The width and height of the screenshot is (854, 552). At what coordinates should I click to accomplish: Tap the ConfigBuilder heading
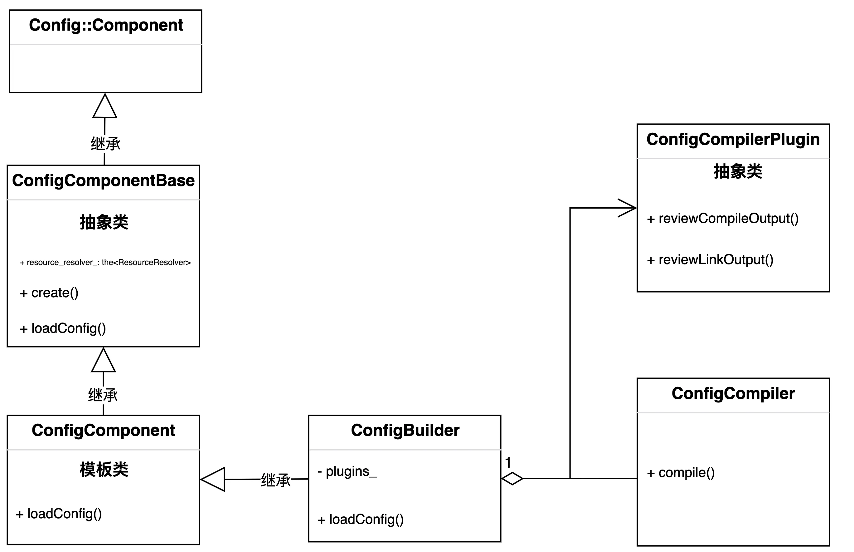[405, 431]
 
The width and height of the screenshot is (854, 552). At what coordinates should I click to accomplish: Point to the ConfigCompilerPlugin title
[733, 140]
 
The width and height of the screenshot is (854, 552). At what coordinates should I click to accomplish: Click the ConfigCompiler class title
[733, 394]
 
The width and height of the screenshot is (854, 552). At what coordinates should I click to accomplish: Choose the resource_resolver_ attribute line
[105, 262]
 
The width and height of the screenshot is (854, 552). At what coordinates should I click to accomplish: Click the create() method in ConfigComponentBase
[49, 293]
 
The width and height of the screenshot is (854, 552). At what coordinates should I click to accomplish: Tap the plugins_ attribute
[347, 472]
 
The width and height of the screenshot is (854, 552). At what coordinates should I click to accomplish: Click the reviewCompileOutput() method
[723, 219]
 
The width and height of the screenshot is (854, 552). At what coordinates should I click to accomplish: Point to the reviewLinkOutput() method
[710, 260]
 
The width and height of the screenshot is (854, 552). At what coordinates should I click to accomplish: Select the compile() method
[681, 473]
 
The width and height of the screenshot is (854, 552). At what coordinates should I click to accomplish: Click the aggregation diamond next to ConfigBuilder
[512, 479]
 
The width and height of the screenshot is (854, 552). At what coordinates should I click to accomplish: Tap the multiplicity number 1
[508, 463]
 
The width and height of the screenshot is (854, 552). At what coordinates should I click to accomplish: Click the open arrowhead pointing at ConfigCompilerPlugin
[628, 208]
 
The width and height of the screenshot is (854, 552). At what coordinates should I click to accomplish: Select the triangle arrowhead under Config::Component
[104, 107]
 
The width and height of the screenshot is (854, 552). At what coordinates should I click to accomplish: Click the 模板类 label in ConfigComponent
[104, 470]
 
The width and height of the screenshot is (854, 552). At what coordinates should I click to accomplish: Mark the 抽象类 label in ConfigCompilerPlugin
[738, 171]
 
